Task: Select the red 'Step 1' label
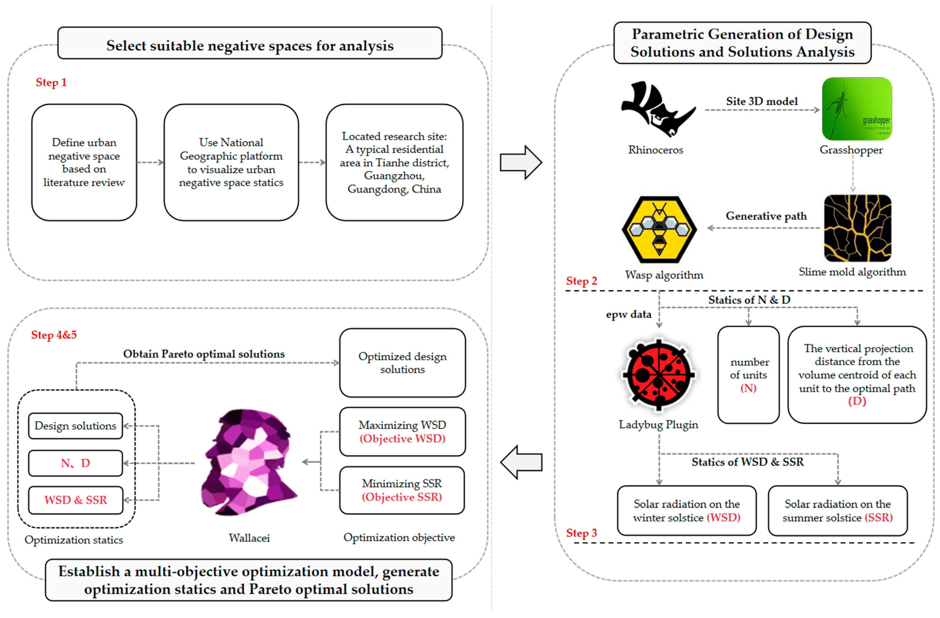pyautogui.click(x=51, y=83)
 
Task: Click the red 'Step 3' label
pyautogui.click(x=581, y=533)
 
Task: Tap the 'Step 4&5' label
pyautogui.click(x=54, y=335)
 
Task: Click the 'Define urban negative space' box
pyautogui.click(x=84, y=162)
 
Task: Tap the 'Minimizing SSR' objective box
pyautogui.click(x=402, y=490)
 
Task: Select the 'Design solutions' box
pyautogui.click(x=75, y=426)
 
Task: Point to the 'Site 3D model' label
pyautogui.click(x=761, y=102)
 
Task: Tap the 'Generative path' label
pyautogui.click(x=766, y=216)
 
